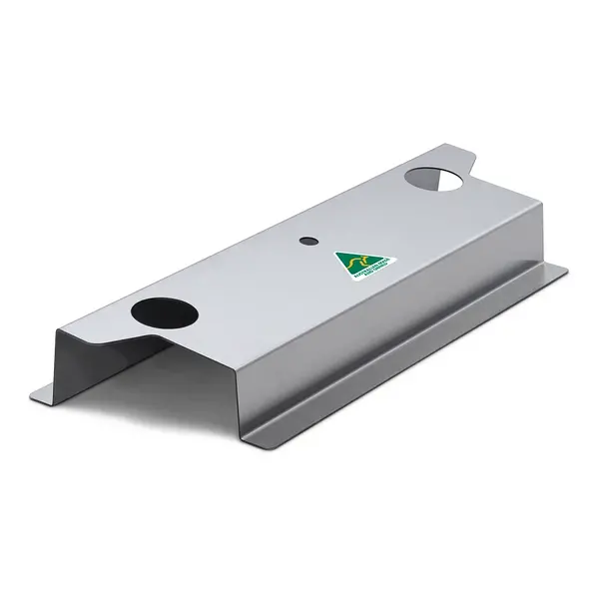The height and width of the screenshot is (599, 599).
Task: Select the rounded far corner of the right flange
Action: click(x=561, y=269)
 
